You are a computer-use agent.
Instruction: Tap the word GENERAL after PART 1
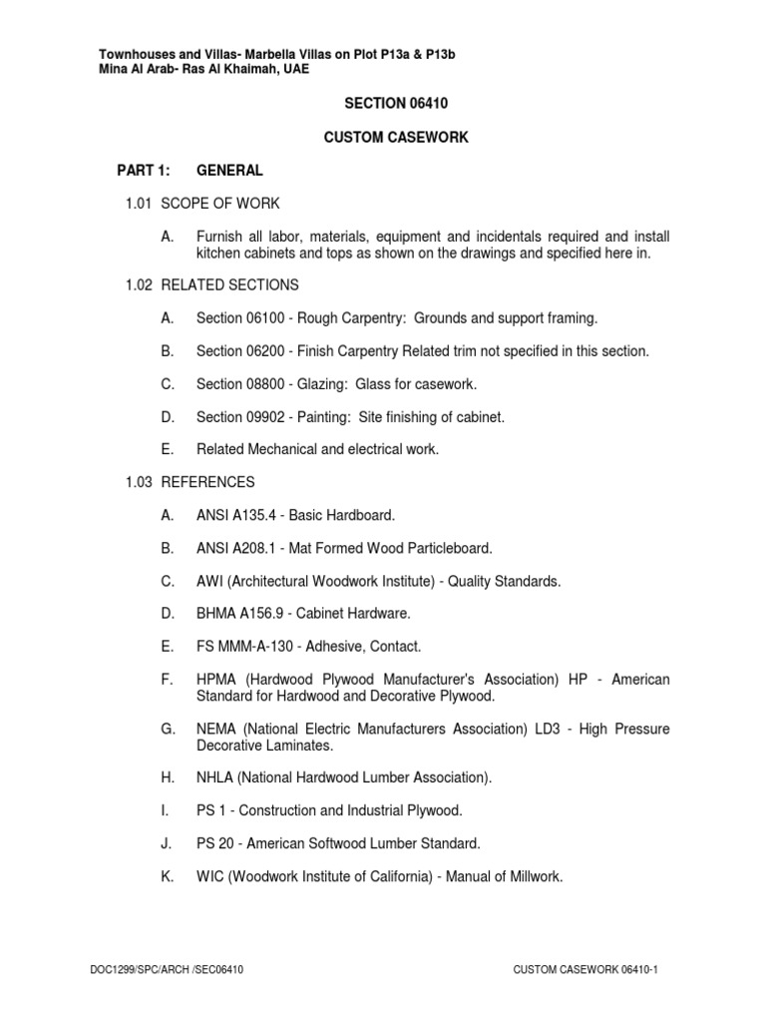pyautogui.click(x=229, y=171)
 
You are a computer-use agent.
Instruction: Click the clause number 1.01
pyautogui.click(x=138, y=204)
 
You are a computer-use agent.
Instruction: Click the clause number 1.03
pyautogui.click(x=138, y=482)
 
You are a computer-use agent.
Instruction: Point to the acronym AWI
pyautogui.click(x=211, y=581)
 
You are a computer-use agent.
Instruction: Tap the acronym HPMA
pyautogui.click(x=217, y=680)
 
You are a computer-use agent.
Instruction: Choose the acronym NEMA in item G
pyautogui.click(x=216, y=730)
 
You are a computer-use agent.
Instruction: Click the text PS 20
pyautogui.click(x=215, y=843)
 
